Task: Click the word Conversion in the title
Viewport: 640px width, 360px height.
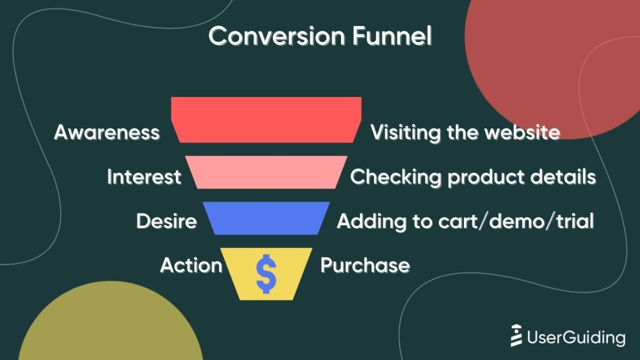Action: coord(277,36)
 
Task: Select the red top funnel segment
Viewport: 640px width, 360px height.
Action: coord(266,120)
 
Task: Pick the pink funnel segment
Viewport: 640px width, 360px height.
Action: coord(266,172)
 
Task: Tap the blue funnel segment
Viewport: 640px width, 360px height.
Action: coord(266,218)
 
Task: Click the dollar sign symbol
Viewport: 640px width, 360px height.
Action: coord(266,274)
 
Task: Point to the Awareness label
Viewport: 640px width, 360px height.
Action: coord(107,132)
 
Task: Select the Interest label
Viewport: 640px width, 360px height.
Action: coord(144,177)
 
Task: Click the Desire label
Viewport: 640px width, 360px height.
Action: coord(167,222)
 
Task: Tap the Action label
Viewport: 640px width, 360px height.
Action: coord(191,265)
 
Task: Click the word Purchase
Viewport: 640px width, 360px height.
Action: coord(365,265)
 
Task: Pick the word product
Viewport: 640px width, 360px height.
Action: coord(486,178)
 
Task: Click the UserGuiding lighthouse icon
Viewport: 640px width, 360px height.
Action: coord(516,336)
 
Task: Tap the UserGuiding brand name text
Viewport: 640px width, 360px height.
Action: coord(576,337)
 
